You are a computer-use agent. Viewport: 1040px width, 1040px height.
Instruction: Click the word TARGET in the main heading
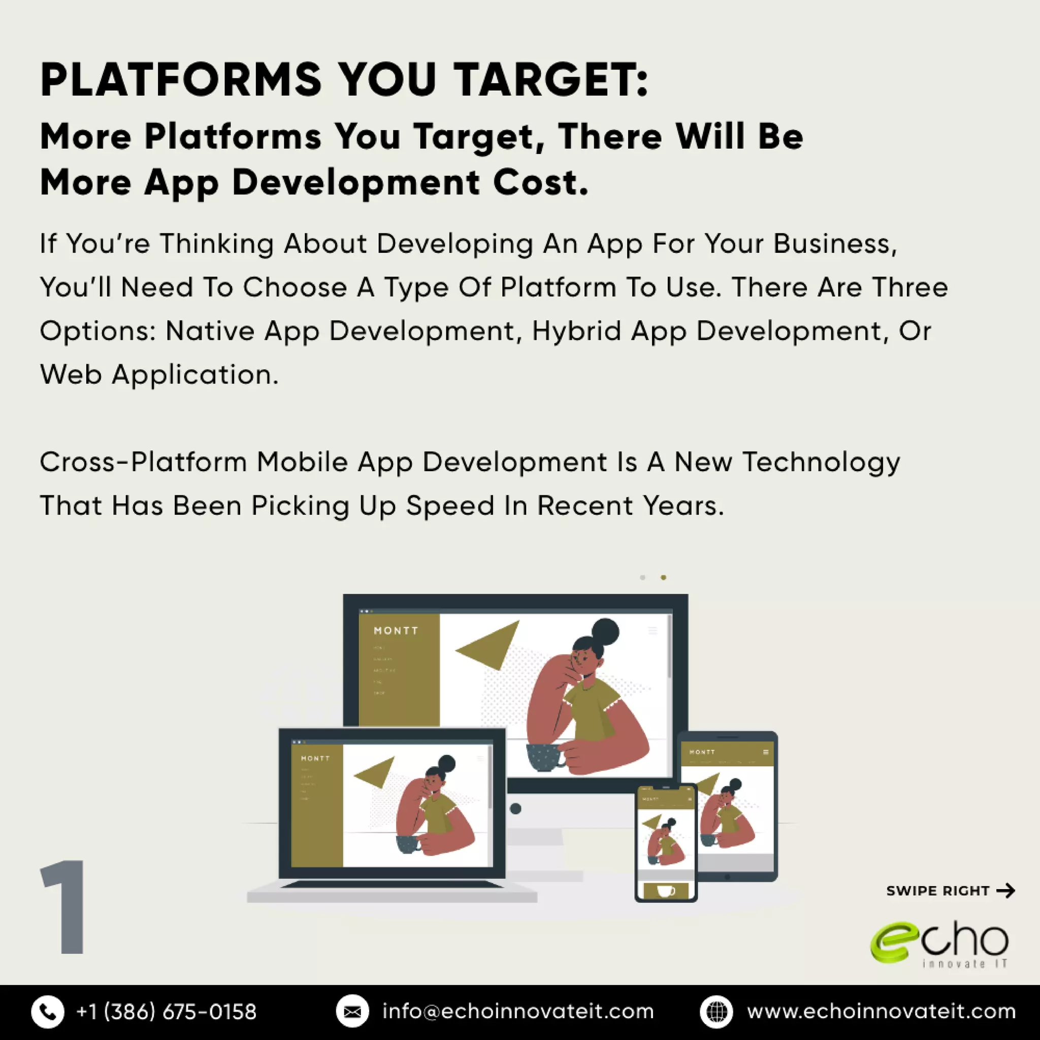[550, 80]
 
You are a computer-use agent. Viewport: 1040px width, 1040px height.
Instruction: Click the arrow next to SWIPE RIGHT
[1005, 891]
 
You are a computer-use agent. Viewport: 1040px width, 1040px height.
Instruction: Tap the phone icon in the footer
[47, 1012]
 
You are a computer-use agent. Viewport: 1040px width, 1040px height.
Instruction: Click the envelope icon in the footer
[352, 1012]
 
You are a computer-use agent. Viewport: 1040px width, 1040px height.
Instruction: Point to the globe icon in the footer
[716, 1012]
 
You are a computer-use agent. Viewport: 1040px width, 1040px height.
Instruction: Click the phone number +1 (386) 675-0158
[167, 1012]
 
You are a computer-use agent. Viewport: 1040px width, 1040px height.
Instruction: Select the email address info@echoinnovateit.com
[518, 1012]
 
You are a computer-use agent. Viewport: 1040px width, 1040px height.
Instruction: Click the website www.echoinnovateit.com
[881, 1012]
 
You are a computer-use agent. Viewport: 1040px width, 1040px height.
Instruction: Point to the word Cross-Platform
[143, 462]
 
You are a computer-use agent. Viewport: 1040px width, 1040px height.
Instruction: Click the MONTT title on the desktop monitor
[396, 630]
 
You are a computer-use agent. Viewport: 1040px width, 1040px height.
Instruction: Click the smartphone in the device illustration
[666, 842]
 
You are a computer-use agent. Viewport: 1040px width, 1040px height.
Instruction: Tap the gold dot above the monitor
[663, 577]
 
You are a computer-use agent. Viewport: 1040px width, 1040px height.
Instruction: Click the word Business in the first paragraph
[835, 244]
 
